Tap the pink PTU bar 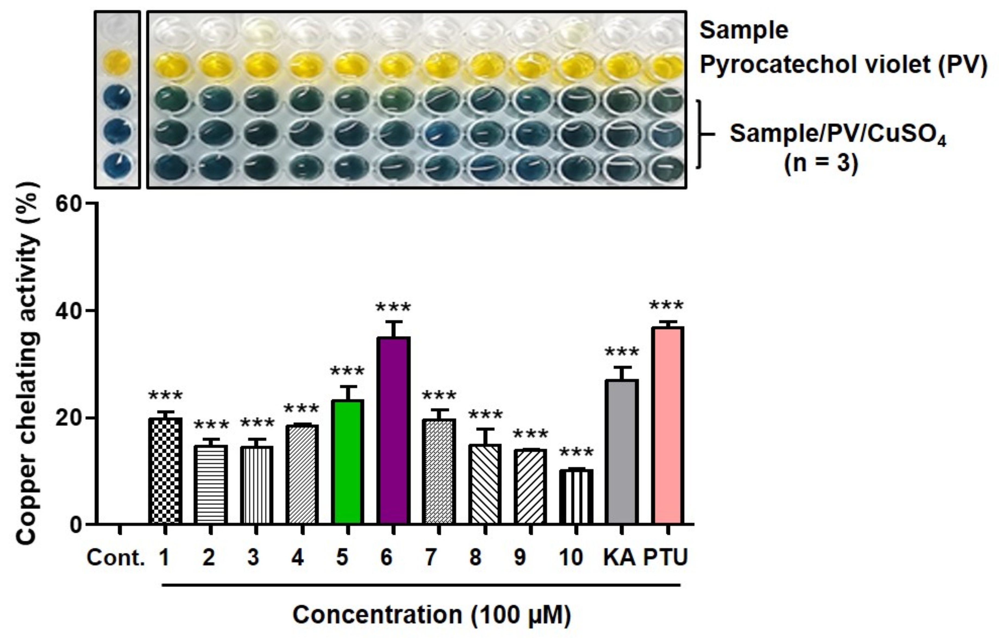click(x=668, y=425)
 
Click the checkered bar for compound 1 click(x=165, y=471)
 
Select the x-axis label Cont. click(x=115, y=558)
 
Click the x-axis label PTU click(x=665, y=558)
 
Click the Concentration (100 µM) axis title click(x=431, y=615)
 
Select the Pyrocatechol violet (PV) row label click(x=843, y=65)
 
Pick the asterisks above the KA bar click(x=621, y=353)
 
